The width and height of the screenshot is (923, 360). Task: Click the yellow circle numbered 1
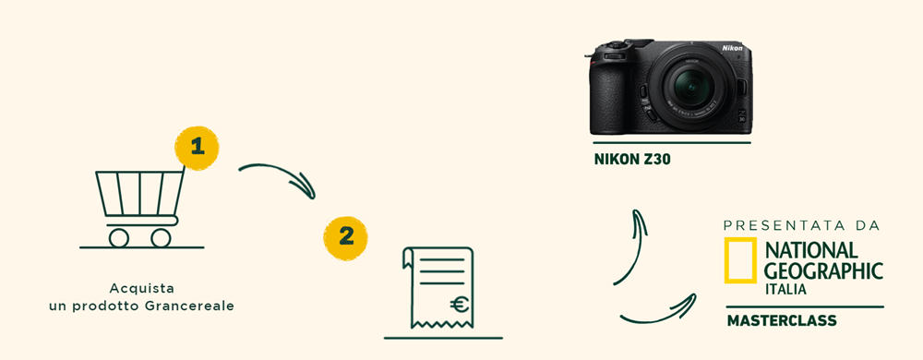tap(197, 149)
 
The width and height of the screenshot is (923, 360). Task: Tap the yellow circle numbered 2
tap(345, 238)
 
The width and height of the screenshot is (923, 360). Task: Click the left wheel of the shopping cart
tap(119, 237)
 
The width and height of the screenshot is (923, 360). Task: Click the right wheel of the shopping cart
tap(161, 237)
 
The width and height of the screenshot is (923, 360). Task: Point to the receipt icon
tap(438, 288)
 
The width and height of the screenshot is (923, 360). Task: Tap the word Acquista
tap(142, 289)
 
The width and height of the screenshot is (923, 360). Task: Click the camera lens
tap(691, 86)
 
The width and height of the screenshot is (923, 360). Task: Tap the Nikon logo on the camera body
tap(732, 48)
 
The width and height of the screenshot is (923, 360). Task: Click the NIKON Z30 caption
tap(632, 159)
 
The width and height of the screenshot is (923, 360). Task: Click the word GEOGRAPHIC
tap(823, 271)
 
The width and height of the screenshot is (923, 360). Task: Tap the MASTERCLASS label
tap(782, 320)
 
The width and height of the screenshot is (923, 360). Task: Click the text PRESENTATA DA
tap(801, 226)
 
